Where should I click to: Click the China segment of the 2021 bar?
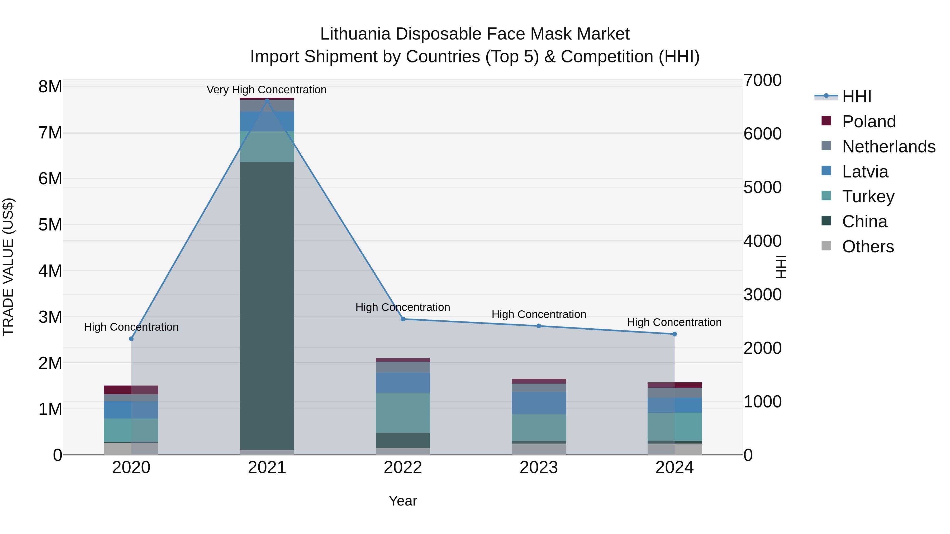click(x=267, y=306)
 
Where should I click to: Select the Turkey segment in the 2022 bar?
click(x=403, y=413)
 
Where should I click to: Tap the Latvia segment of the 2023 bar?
click(x=538, y=403)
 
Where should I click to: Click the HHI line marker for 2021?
click(x=267, y=100)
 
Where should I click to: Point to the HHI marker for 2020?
click(x=131, y=339)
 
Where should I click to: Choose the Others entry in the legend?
click(x=868, y=247)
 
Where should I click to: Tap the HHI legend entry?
click(x=857, y=97)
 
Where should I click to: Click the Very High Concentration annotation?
click(x=266, y=90)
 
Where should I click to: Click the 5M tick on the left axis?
click(x=50, y=225)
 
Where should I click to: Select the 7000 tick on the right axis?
click(x=762, y=80)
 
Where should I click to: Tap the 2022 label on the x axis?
click(x=403, y=468)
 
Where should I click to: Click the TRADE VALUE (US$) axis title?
click(x=8, y=267)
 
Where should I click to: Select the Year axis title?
click(x=403, y=501)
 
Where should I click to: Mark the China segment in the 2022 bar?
click(x=403, y=440)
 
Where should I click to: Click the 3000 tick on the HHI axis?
click(x=762, y=295)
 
